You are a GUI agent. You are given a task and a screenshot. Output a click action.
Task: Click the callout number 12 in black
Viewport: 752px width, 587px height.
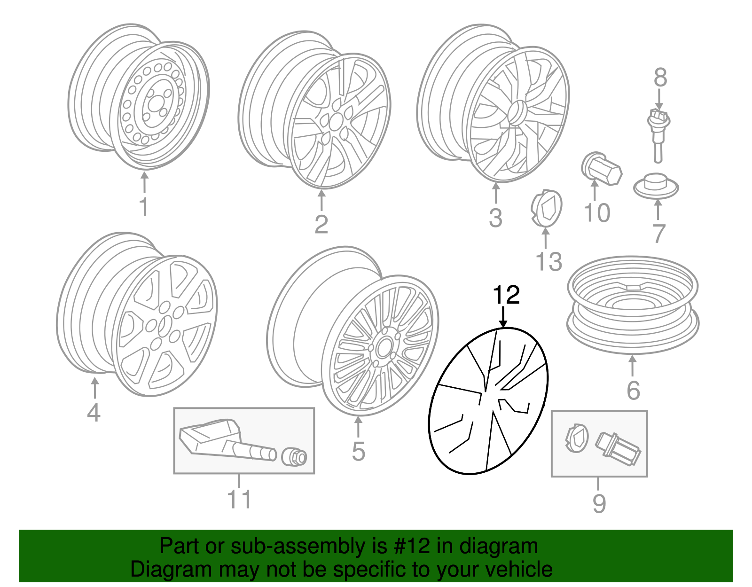pyautogui.click(x=506, y=295)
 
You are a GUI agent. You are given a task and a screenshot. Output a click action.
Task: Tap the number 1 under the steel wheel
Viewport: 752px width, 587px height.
pyautogui.click(x=144, y=207)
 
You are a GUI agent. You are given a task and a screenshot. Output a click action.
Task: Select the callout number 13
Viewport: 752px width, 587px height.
pyautogui.click(x=548, y=261)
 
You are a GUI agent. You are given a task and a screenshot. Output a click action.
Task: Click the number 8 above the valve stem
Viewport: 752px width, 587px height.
pyautogui.click(x=660, y=78)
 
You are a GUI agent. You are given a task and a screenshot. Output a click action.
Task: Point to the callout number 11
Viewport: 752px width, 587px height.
pyautogui.click(x=239, y=500)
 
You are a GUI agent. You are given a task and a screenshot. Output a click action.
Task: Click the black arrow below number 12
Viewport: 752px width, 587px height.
pyautogui.click(x=503, y=317)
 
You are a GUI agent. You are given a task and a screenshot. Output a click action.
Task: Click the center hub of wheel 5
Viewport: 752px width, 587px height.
pyautogui.click(x=382, y=349)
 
